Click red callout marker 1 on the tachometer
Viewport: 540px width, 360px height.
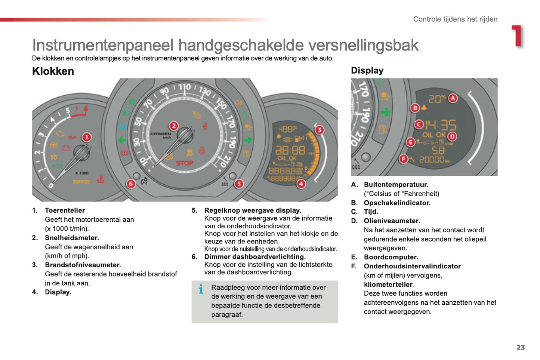pos(86,137)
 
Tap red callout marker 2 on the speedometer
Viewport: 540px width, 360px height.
pos(173,126)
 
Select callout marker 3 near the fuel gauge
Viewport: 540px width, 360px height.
pos(319,130)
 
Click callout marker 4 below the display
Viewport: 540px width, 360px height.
pos(301,184)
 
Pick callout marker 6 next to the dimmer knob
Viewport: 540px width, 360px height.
pos(130,184)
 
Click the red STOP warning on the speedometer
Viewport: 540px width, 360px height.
pos(184,163)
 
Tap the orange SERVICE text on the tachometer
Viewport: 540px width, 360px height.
pos(81,182)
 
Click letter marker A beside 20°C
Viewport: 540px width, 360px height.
pos(453,98)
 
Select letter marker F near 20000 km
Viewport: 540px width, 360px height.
pos(403,159)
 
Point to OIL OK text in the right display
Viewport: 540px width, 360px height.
pos(433,135)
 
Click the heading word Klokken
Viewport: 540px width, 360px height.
pos(53,71)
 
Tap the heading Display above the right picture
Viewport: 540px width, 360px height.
pos(367,70)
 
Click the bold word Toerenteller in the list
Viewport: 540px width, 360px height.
pos(65,210)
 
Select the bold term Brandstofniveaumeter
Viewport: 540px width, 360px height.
pos(83,265)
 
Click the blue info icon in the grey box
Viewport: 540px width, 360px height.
pos(201,289)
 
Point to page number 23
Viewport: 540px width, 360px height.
pos(521,347)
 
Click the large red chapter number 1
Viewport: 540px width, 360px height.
pos(518,36)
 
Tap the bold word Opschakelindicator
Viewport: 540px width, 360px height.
pos(397,203)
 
